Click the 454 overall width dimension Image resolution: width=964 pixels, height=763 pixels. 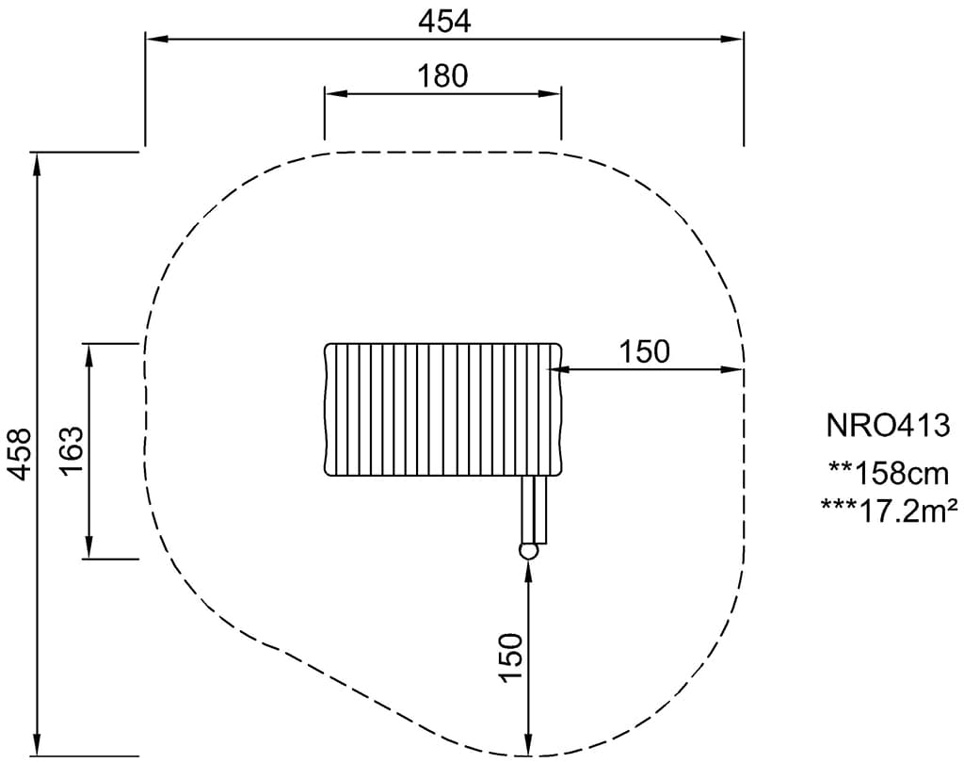[x=444, y=23]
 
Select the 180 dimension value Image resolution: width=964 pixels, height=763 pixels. [x=442, y=76]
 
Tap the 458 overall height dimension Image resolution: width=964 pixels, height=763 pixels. [x=21, y=454]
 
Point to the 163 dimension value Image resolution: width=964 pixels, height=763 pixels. [x=72, y=450]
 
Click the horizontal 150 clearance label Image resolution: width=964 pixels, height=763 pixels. [x=644, y=352]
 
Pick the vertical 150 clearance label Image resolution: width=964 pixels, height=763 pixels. [x=511, y=657]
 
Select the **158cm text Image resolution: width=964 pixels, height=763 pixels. [x=889, y=474]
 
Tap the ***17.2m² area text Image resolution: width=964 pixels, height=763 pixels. [x=889, y=511]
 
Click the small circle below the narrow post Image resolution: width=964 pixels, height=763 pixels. [x=528, y=551]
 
